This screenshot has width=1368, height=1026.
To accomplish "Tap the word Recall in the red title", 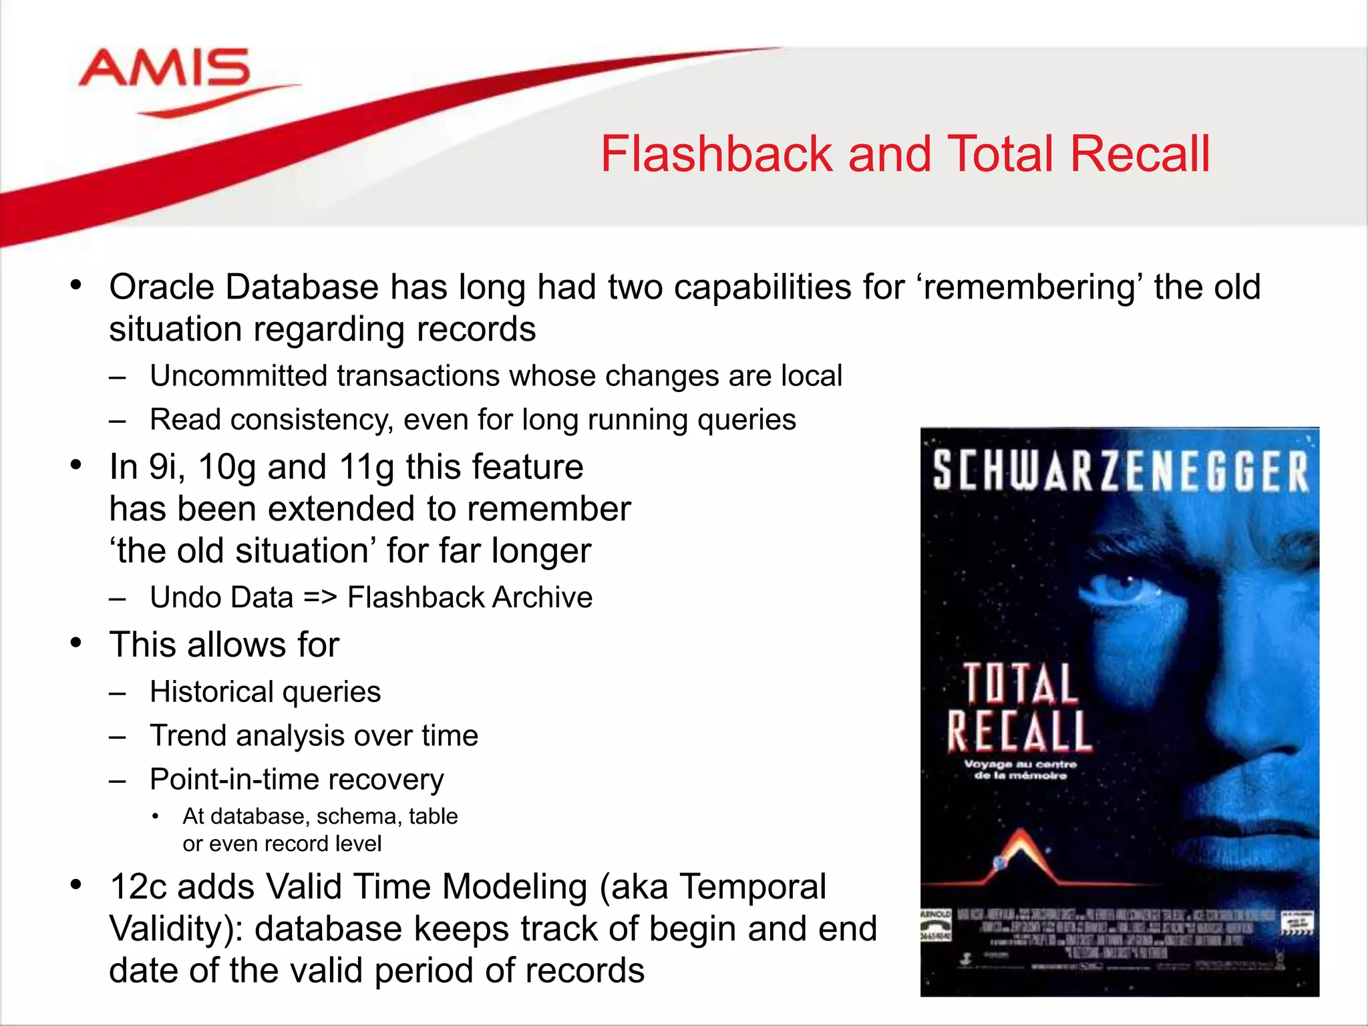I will [1140, 154].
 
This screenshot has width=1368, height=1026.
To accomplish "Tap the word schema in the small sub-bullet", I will [356, 817].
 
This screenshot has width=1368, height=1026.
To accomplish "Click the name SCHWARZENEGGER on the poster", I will [1120, 472].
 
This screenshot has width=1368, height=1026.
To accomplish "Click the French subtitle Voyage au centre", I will [1020, 763].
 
